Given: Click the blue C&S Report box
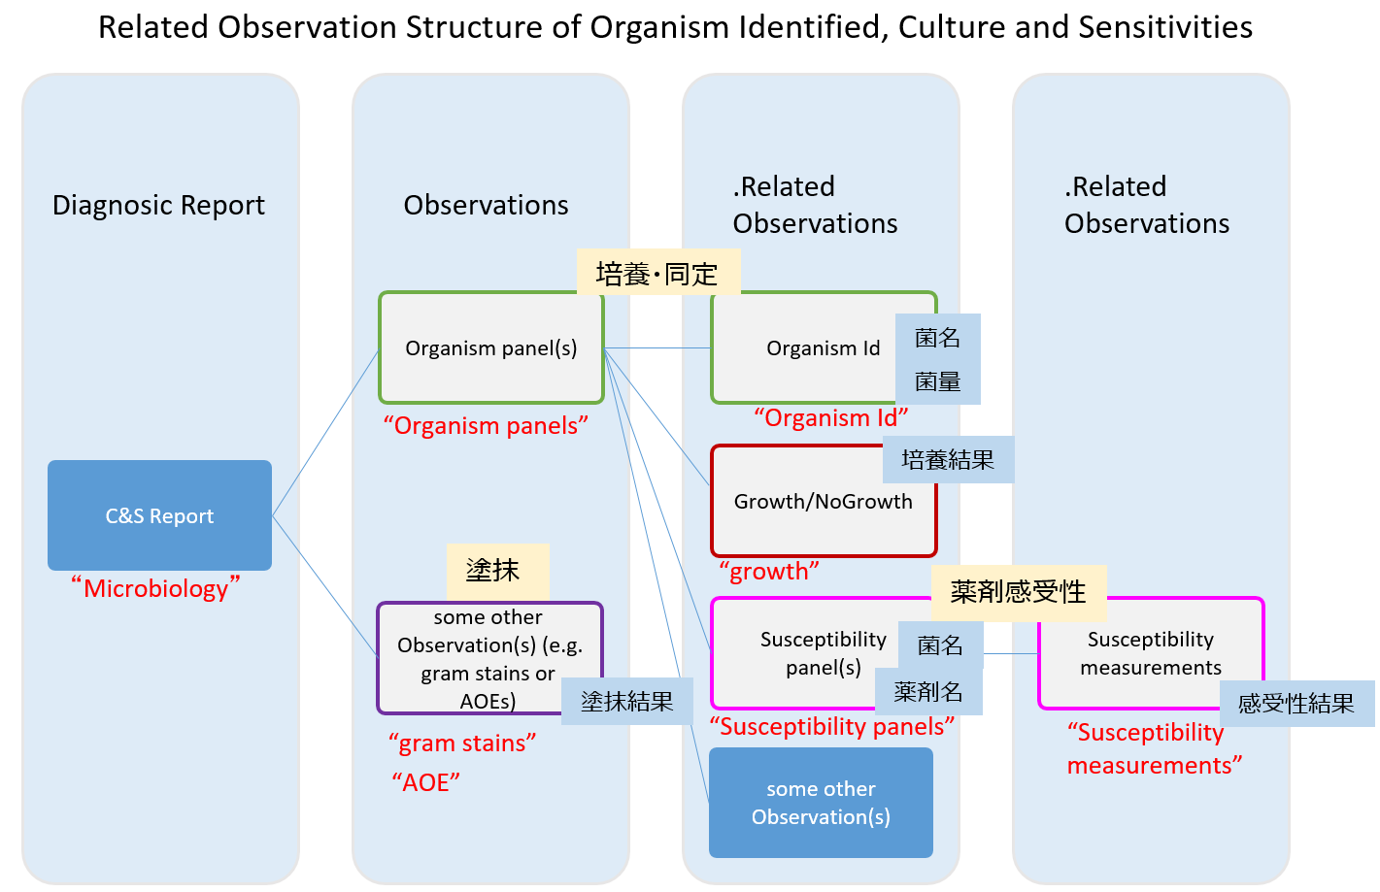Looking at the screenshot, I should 159,515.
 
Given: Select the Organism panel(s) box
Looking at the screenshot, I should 490,348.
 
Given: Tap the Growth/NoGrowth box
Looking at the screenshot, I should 823,502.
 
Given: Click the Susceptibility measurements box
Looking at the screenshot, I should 1150,653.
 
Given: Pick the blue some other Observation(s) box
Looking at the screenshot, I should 821,803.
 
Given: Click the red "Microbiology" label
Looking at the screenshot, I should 155,588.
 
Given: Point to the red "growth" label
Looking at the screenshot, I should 769,572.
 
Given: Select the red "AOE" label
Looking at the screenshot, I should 425,782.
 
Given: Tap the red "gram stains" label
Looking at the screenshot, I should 462,743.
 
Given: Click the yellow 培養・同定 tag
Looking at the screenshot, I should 657,274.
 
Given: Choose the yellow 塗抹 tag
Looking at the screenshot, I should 496,571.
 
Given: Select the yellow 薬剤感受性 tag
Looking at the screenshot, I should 1018,592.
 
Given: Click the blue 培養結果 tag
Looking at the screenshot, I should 948,460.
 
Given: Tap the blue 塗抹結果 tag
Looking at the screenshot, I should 627,702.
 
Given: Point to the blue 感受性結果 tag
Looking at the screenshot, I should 1296,704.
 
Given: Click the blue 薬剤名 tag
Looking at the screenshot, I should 928,692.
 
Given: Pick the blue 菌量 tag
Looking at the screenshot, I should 937,382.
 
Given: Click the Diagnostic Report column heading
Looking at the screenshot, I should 158,206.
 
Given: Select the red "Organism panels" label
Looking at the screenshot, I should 486,426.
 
